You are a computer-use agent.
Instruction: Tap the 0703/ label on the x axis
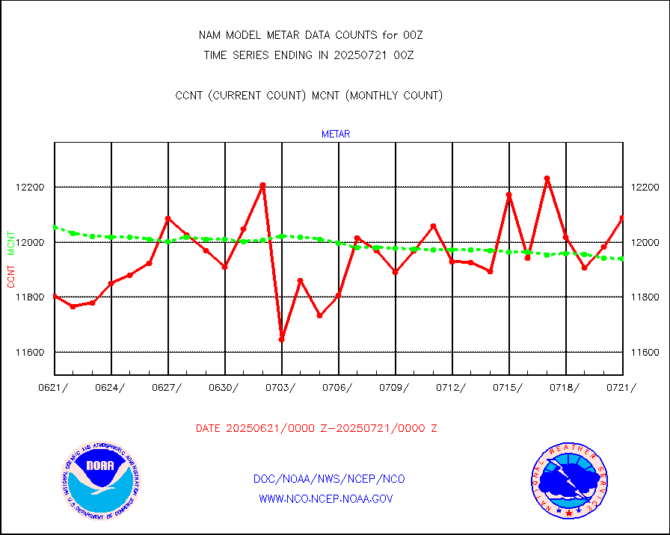[282, 387]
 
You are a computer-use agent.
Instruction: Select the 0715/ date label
[509, 387]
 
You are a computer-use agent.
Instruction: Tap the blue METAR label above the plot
[336, 134]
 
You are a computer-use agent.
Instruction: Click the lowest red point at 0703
[282, 340]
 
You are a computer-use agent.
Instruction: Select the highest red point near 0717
[547, 179]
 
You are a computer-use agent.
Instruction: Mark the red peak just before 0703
[262, 185]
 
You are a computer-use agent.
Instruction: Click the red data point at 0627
[168, 219]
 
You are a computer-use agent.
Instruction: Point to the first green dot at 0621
[55, 227]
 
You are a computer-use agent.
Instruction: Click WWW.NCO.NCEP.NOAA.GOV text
[325, 498]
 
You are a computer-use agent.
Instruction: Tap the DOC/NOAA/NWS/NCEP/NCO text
[329, 479]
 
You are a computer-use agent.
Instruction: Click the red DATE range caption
[316, 429]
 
